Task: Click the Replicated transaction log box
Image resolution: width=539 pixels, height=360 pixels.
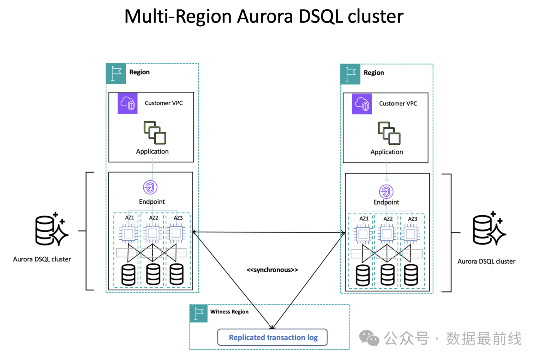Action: (273, 337)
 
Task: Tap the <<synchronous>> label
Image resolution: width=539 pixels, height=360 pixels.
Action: (272, 270)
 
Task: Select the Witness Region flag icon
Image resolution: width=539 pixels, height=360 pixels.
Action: (199, 313)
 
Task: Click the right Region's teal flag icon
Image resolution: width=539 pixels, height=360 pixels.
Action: (350, 73)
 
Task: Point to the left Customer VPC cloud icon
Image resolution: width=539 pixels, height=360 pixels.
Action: (128, 104)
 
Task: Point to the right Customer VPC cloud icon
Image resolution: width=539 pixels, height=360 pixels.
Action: (362, 104)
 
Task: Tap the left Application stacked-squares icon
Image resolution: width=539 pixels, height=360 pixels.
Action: (154, 132)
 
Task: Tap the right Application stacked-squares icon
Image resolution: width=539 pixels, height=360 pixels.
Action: (389, 132)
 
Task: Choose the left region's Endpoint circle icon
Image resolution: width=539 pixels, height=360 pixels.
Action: (151, 187)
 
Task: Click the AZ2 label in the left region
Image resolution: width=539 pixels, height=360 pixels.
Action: (153, 218)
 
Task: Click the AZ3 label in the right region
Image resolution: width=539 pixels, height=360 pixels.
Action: (412, 219)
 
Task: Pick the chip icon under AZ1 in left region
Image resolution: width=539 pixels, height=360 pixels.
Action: (128, 233)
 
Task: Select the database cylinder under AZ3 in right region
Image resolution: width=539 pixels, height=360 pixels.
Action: (411, 275)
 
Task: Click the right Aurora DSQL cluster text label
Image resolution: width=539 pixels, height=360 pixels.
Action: (486, 261)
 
